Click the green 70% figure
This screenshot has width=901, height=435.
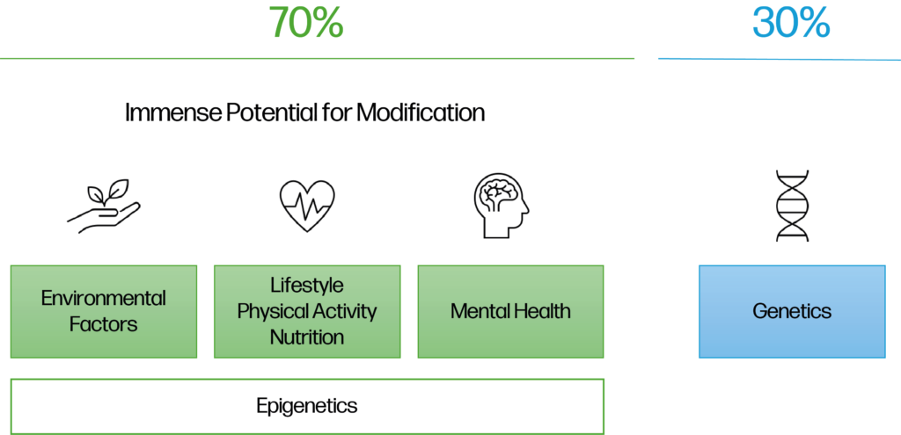(305, 23)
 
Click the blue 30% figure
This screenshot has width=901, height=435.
(791, 23)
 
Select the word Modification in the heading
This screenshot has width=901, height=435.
(421, 113)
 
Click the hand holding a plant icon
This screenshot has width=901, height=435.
(104, 206)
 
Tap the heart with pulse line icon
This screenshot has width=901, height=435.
(307, 206)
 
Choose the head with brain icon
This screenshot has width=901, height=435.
(501, 206)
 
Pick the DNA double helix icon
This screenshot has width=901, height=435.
(791, 206)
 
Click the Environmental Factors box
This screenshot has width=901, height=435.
(104, 311)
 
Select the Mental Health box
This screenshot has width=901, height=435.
(510, 311)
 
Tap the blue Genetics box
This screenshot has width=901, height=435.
(792, 311)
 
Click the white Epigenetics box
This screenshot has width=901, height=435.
(307, 406)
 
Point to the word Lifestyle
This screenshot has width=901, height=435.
(307, 286)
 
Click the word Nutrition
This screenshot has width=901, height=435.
(307, 337)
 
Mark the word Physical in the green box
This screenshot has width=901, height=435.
(270, 312)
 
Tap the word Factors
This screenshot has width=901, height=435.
(104, 324)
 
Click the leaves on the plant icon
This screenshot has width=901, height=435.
(110, 190)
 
